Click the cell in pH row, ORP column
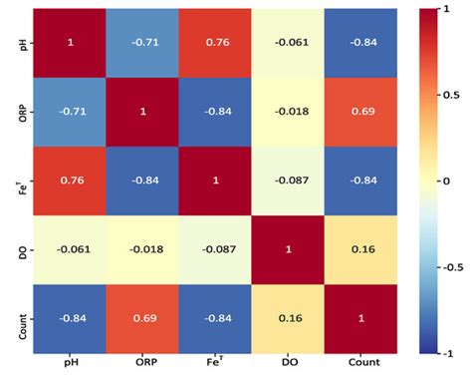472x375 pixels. click(142, 43)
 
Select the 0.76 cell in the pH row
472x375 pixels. click(213, 43)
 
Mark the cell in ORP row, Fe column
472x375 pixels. click(213, 111)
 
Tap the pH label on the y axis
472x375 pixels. click(22, 43)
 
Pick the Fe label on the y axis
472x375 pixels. click(22, 179)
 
